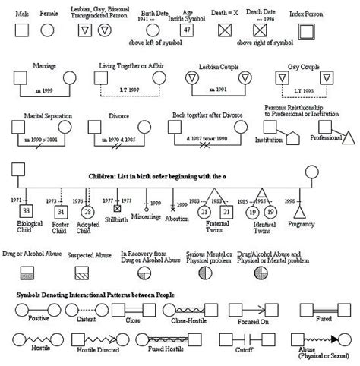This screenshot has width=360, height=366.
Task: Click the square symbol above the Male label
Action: (24, 29)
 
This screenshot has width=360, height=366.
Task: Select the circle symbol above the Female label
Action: (47, 29)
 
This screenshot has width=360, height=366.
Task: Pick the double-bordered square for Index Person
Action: (305, 30)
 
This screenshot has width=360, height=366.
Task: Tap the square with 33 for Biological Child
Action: (26, 210)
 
